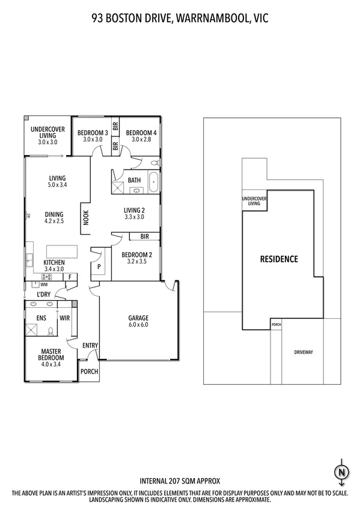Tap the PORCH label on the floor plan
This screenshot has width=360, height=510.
coord(90,371)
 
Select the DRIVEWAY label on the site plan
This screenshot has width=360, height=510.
coord(303,352)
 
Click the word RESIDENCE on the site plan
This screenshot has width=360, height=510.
coord(278,259)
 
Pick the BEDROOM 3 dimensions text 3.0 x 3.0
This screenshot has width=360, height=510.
coord(93,140)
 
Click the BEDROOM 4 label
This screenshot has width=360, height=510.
coord(141,132)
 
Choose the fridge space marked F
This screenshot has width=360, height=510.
coord(70,277)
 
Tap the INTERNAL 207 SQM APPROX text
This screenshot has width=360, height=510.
coord(180,481)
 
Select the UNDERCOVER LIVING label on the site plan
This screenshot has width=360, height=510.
coord(254,201)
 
